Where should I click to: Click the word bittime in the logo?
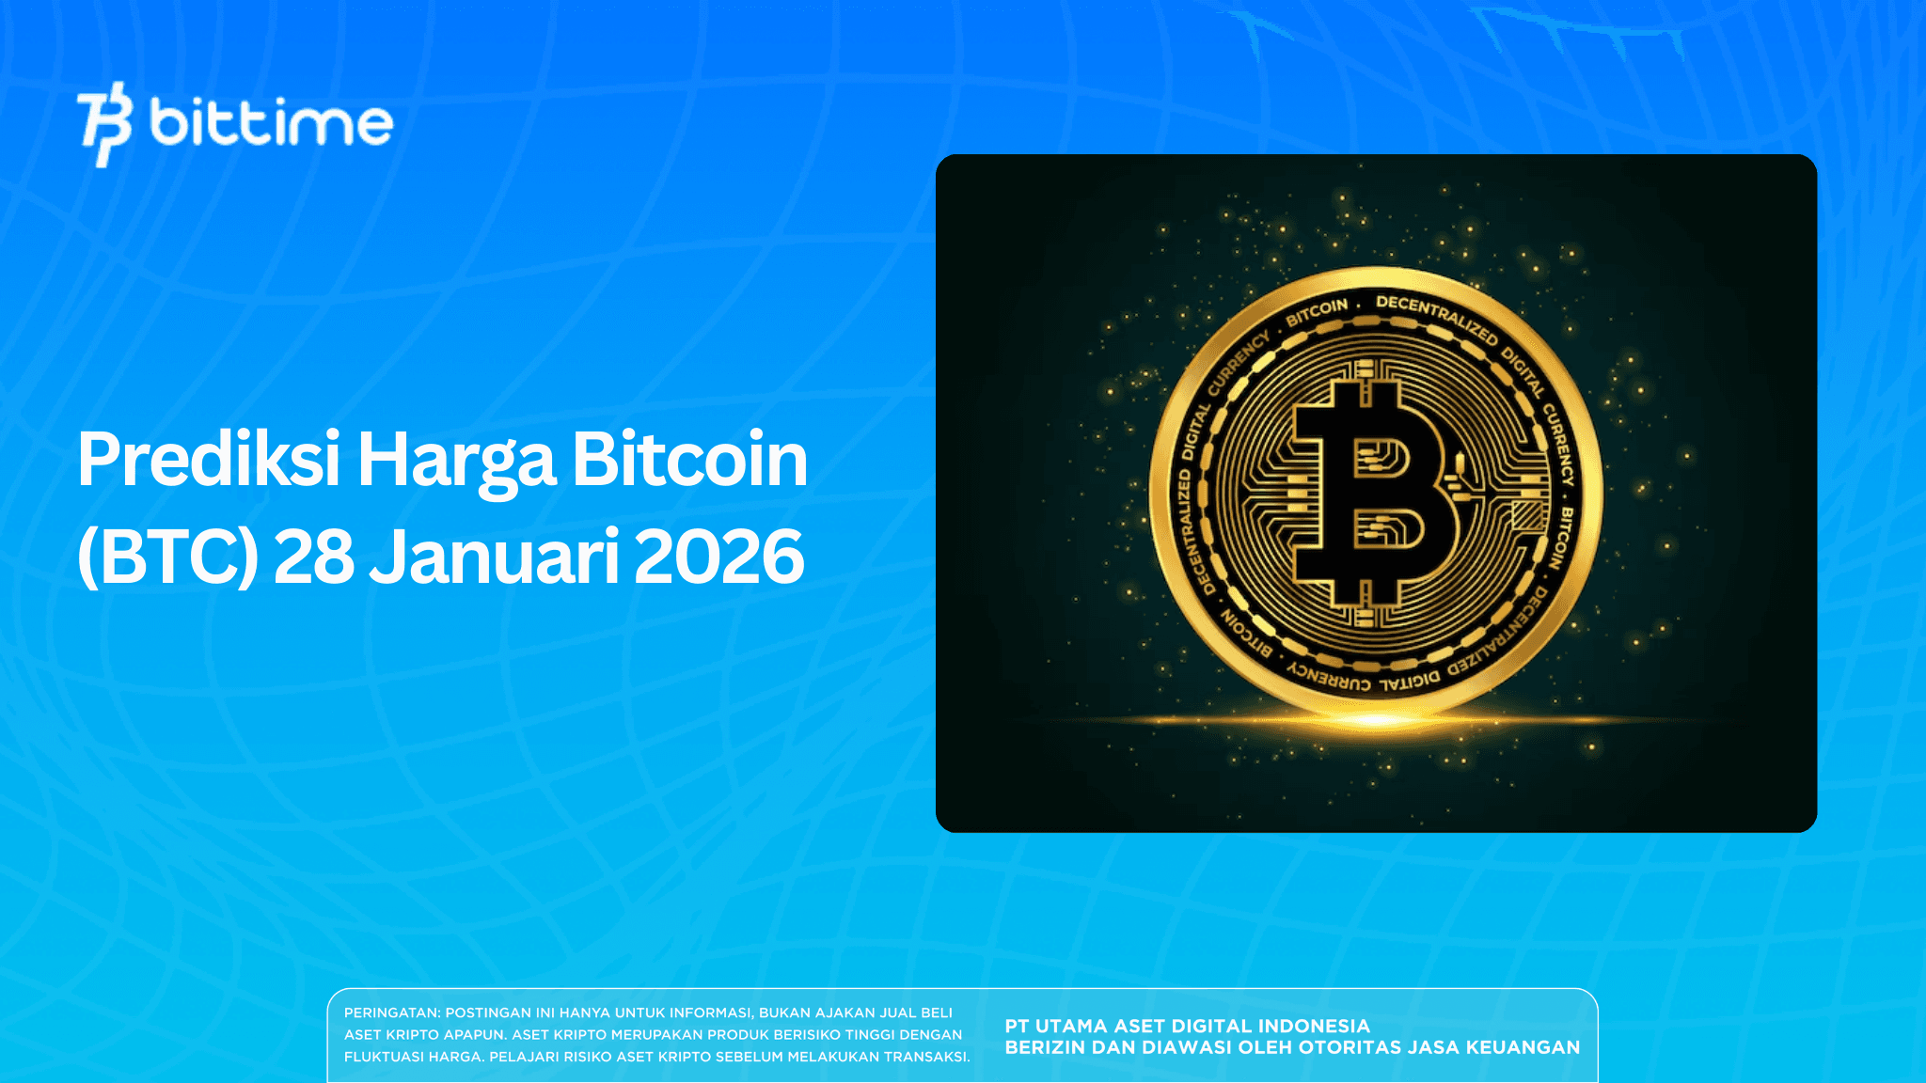pos(271,123)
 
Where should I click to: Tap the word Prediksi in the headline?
pos(208,460)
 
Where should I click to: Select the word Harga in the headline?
pos(456,462)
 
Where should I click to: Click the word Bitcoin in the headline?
pos(689,460)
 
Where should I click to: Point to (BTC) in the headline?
pos(167,557)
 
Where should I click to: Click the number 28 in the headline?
pos(313,557)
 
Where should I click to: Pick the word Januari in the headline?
pos(494,557)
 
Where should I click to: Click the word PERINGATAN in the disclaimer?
pos(391,1012)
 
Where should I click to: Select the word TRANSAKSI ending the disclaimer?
pos(925,1057)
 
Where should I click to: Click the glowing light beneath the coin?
pos(1375,720)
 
